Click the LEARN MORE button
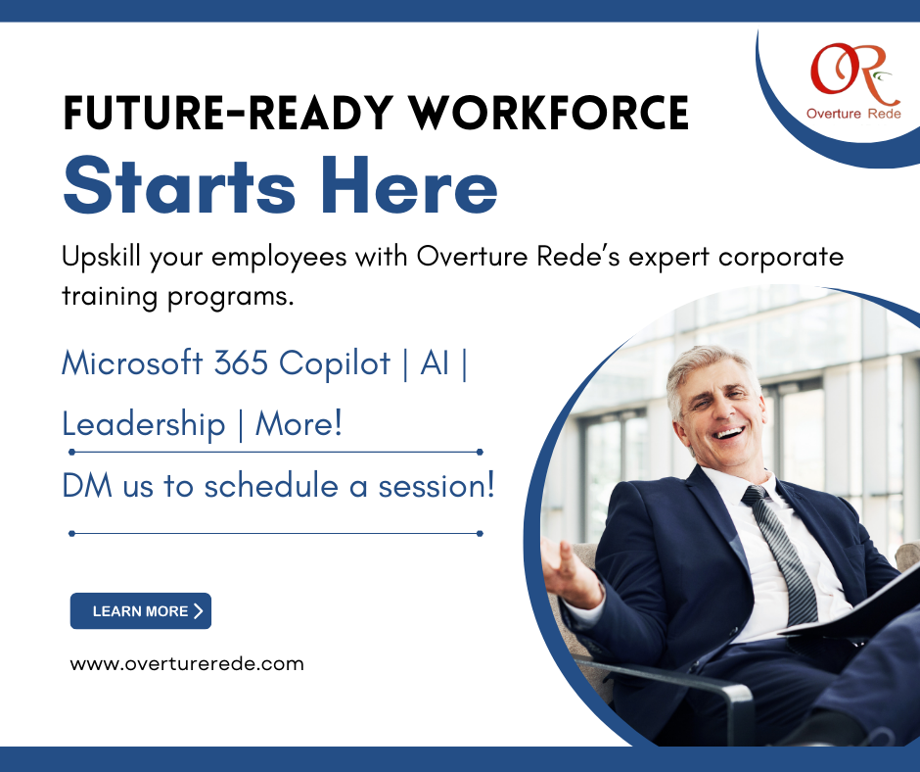(141, 611)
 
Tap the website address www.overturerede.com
(187, 664)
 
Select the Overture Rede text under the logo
(853, 114)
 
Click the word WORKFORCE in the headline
(549, 113)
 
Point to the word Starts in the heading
(179, 186)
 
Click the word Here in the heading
(409, 186)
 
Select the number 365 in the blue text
(241, 362)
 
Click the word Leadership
(144, 425)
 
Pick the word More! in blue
(299, 423)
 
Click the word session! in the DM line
(437, 487)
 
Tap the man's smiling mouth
(728, 435)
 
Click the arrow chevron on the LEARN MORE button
(199, 611)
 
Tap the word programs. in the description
(230, 297)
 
